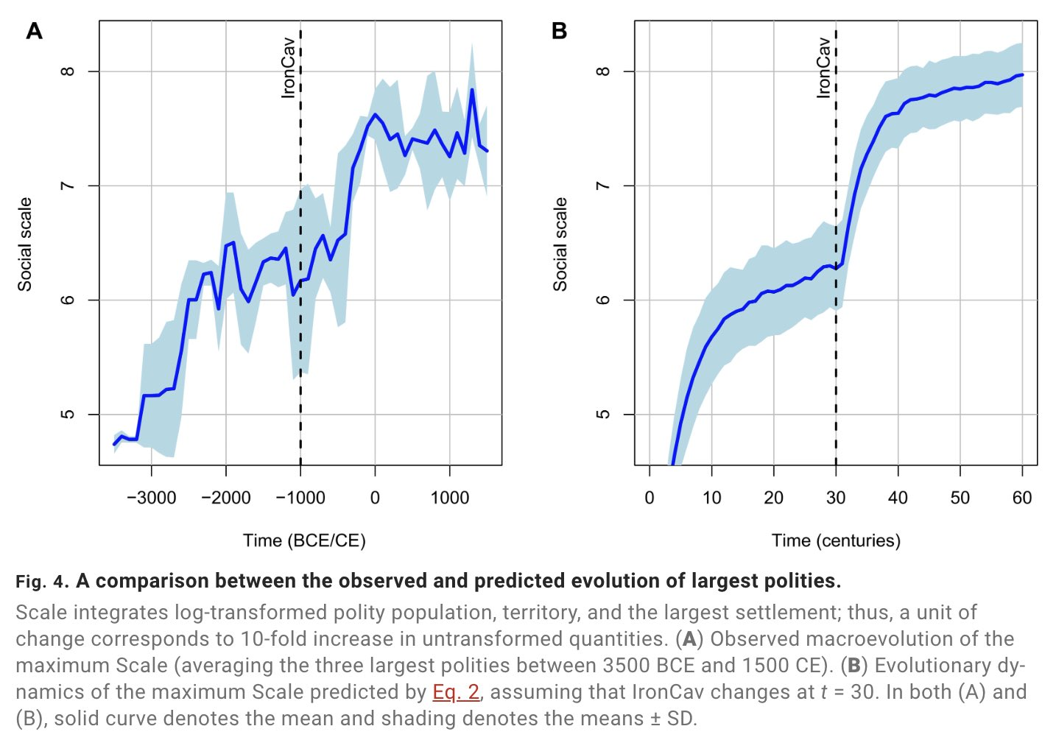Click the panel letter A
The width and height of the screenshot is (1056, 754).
(x=34, y=31)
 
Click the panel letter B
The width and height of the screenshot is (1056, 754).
(x=559, y=31)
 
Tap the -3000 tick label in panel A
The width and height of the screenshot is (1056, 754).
(x=151, y=498)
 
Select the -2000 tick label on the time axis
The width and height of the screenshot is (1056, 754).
(x=226, y=498)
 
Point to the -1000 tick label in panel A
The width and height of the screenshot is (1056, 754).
(x=300, y=498)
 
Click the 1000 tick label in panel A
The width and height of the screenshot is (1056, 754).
(x=449, y=498)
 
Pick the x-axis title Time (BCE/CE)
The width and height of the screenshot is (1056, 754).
(x=304, y=541)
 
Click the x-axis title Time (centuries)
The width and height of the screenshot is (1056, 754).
(x=836, y=541)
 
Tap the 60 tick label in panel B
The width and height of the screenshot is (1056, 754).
(x=1022, y=498)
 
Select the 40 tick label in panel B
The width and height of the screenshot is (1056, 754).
(x=898, y=498)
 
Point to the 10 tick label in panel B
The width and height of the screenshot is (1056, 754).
(x=711, y=498)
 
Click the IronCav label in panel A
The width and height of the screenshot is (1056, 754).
(x=289, y=68)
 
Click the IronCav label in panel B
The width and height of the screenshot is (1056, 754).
(x=823, y=68)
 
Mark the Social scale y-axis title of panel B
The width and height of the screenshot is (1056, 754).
(x=560, y=244)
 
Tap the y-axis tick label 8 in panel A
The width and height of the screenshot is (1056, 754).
(x=68, y=71)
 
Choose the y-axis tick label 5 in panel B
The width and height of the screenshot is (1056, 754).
(x=603, y=414)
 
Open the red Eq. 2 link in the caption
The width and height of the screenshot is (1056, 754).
(x=456, y=692)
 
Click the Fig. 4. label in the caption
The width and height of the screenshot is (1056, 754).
(x=42, y=582)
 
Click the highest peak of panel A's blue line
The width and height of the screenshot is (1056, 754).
(x=471, y=90)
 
